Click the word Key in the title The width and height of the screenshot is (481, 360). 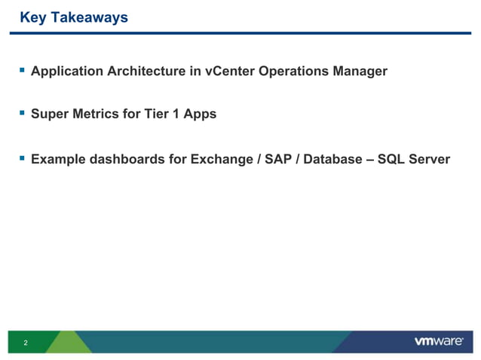point(32,17)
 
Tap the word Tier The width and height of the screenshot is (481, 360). point(152,114)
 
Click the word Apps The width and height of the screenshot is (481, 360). point(199,114)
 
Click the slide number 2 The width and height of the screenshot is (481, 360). point(26,343)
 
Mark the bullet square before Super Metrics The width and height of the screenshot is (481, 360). point(22,114)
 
